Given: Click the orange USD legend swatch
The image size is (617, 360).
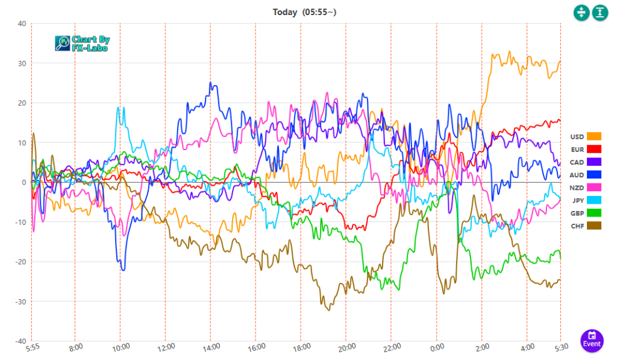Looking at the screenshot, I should [x=594, y=136].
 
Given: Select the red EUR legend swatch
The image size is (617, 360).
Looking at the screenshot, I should [x=594, y=149].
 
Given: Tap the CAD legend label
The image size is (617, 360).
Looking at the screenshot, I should [x=577, y=162].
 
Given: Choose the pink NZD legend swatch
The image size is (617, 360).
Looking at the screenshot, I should [x=594, y=188].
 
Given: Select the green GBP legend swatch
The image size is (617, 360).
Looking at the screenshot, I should [x=594, y=213].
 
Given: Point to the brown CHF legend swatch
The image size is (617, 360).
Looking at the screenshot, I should [x=594, y=226].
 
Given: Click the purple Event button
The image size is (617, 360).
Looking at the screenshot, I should [x=592, y=339].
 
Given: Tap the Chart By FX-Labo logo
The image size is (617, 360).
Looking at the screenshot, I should [x=82, y=43].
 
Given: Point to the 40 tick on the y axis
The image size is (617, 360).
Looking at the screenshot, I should [x=22, y=24].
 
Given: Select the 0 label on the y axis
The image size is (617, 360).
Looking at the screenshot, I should [x=23, y=182].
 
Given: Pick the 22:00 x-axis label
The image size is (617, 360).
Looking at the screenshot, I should [x=390, y=349].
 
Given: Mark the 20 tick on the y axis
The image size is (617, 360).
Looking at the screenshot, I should [x=22, y=103].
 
